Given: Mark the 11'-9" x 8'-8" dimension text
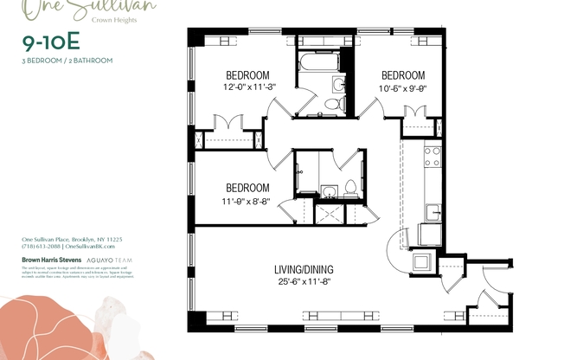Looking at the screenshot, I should [247, 201].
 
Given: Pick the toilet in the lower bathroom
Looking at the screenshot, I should [350, 188].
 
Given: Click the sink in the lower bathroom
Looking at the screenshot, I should [329, 190].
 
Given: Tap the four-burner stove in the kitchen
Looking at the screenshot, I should [432, 156].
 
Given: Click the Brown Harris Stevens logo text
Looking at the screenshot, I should [52, 258].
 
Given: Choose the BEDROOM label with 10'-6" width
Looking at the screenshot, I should [403, 74].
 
